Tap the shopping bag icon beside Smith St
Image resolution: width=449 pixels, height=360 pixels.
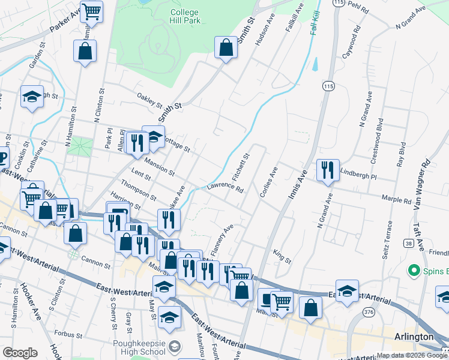click(x=226, y=48)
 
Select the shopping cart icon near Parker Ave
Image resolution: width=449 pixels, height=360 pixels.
click(x=91, y=11)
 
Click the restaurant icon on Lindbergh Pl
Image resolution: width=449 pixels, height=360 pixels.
click(x=328, y=170)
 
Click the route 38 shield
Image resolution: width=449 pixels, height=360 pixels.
click(x=408, y=243)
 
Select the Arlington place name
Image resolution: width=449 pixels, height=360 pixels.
click(x=414, y=337)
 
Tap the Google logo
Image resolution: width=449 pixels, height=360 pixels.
click(x=20, y=353)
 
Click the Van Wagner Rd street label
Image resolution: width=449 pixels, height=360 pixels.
click(x=421, y=183)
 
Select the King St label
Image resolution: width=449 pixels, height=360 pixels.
click(x=282, y=257)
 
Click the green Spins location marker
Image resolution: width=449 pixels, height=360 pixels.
click(x=412, y=271)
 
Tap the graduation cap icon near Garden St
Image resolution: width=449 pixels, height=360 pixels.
click(x=31, y=97)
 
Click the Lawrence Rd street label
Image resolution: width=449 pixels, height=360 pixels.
click(x=225, y=188)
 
